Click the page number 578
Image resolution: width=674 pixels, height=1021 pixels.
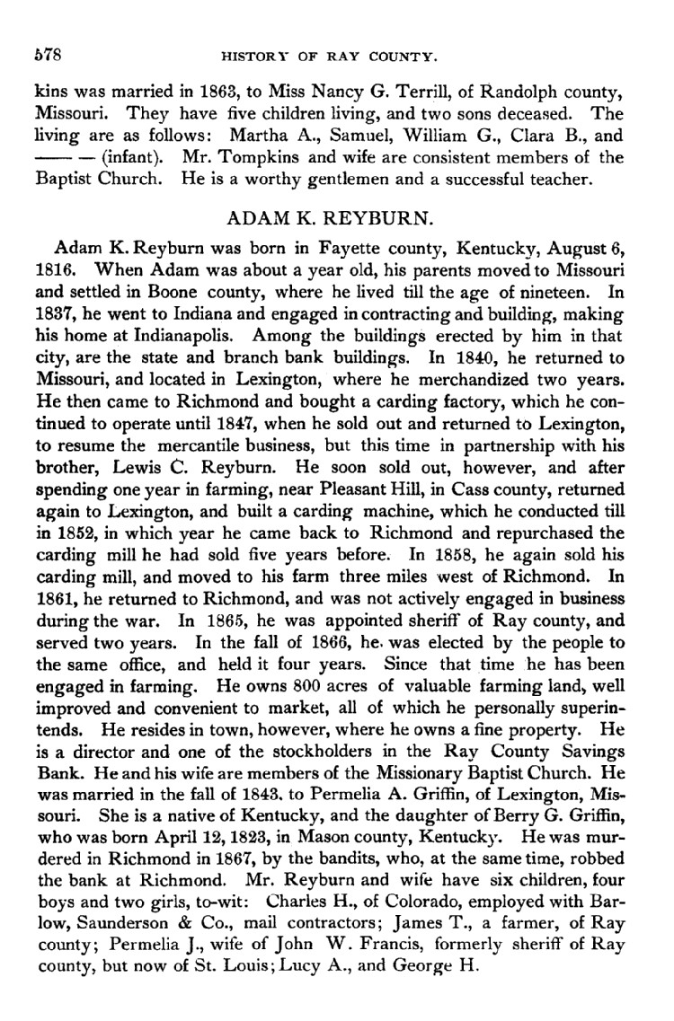[45, 57]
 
